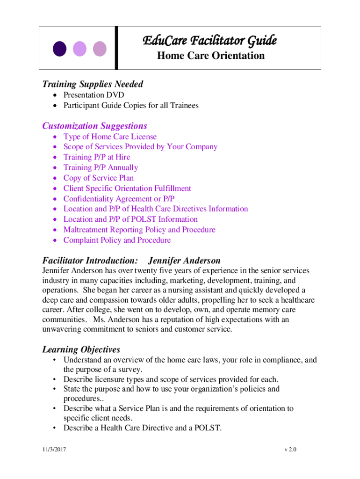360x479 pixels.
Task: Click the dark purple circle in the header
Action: click(x=59, y=49)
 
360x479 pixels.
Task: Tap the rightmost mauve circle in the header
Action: click(x=100, y=49)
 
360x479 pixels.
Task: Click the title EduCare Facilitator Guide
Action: click(x=209, y=41)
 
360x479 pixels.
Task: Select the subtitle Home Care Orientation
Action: click(x=210, y=56)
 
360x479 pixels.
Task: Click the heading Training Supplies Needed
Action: click(x=93, y=84)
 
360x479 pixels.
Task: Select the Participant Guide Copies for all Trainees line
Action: click(x=131, y=105)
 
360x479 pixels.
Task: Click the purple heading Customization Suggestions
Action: click(x=94, y=126)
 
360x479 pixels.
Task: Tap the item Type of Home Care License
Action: click(x=110, y=137)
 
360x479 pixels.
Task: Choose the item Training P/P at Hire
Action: click(x=97, y=157)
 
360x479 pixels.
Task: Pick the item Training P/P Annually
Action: click(x=101, y=167)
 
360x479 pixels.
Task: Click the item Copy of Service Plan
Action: click(x=98, y=178)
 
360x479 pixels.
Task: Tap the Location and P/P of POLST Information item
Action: click(x=130, y=219)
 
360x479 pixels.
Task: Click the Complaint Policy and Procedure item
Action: click(x=117, y=240)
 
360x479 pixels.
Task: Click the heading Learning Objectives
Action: click(x=81, y=349)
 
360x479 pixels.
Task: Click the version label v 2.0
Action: click(x=290, y=450)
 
